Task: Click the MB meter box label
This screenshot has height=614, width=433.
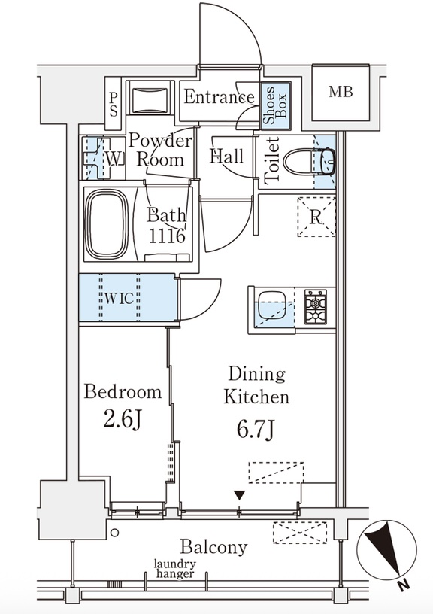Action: tap(341, 92)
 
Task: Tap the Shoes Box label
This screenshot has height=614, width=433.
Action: tap(275, 105)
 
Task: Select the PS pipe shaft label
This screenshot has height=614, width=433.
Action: tap(114, 104)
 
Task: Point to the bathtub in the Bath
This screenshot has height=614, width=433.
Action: tap(107, 224)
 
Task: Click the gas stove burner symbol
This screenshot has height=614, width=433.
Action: tap(315, 307)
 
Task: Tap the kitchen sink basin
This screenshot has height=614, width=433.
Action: tap(274, 305)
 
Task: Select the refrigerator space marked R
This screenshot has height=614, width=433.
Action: tap(316, 217)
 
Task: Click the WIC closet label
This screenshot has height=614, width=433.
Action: tap(119, 299)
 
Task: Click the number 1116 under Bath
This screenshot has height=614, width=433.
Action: tap(167, 236)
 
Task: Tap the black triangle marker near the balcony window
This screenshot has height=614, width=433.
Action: tap(240, 495)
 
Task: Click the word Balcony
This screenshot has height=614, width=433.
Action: tap(213, 548)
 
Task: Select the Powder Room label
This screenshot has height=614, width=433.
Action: tap(161, 150)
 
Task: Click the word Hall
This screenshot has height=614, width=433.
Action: tap(226, 157)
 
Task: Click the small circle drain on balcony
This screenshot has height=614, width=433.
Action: tap(114, 533)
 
